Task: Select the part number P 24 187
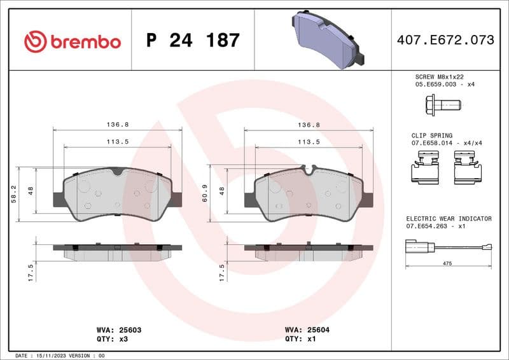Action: coord(193,41)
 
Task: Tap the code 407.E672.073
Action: coord(445,40)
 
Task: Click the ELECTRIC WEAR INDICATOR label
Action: coord(449,218)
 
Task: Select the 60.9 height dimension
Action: coord(204,195)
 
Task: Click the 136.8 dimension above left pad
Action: coord(118,125)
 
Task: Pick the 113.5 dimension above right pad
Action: coord(309,142)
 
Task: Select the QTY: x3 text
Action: coord(111,340)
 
